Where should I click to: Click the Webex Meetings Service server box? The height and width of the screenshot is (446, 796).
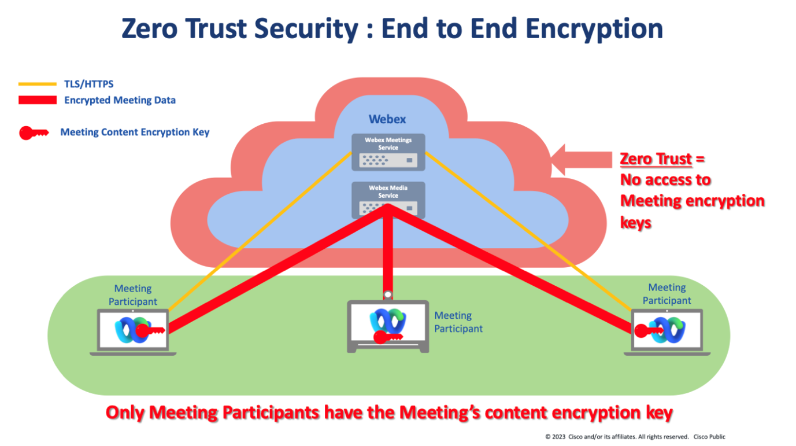[388, 152]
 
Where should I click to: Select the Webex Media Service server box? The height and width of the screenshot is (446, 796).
[388, 199]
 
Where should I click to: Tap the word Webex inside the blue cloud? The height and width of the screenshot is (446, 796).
[387, 120]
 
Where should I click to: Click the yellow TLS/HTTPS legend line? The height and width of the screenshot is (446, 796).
[37, 84]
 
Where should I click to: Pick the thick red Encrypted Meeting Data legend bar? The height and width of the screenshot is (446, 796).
[37, 100]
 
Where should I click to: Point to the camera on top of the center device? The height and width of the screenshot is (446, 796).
[388, 294]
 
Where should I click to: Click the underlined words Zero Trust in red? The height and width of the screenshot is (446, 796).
[656, 159]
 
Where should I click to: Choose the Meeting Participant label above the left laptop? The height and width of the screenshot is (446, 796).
[133, 295]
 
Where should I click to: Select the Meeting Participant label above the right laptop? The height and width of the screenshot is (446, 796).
[667, 294]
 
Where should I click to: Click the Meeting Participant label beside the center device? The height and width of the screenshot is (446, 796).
[458, 322]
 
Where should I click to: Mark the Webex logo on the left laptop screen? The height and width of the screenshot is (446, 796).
[127, 329]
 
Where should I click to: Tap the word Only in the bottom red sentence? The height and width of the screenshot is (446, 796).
[125, 412]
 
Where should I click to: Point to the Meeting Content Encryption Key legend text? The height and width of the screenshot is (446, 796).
[135, 132]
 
